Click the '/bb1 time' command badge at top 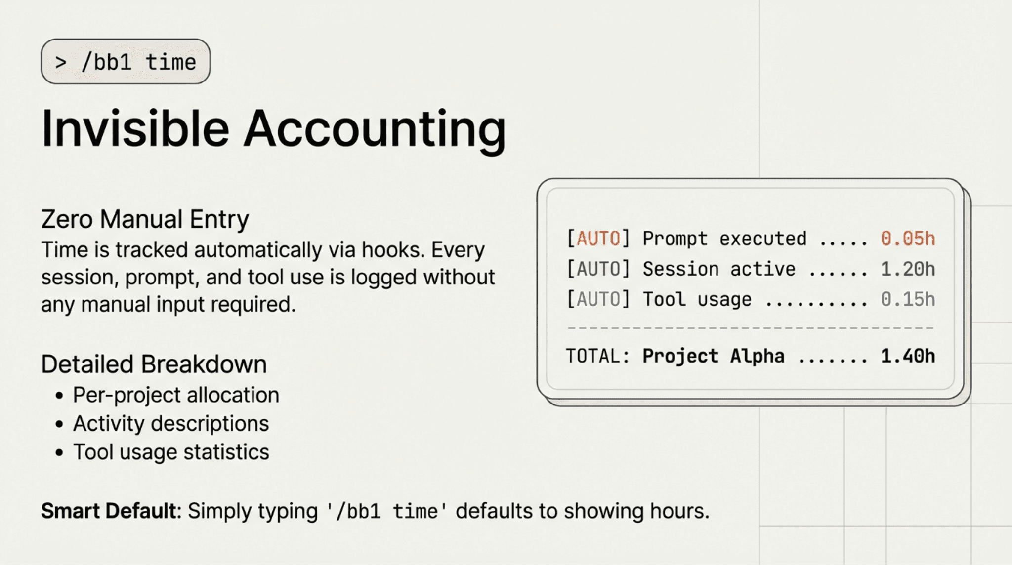coord(126,62)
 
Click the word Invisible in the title coord(135,129)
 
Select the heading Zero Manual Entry coord(145,219)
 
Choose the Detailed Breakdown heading coord(154,364)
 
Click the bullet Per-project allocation coord(176,395)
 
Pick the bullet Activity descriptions coord(171,424)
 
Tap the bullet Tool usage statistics coord(171,452)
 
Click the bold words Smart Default coord(108,511)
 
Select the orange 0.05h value coord(908,239)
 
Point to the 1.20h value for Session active coord(908,269)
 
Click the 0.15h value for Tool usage coord(908,299)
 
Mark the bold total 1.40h coord(908,356)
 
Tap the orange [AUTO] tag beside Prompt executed coord(598,239)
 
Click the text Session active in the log coord(719,269)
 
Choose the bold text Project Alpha coord(713,356)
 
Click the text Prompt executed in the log coord(724,239)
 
